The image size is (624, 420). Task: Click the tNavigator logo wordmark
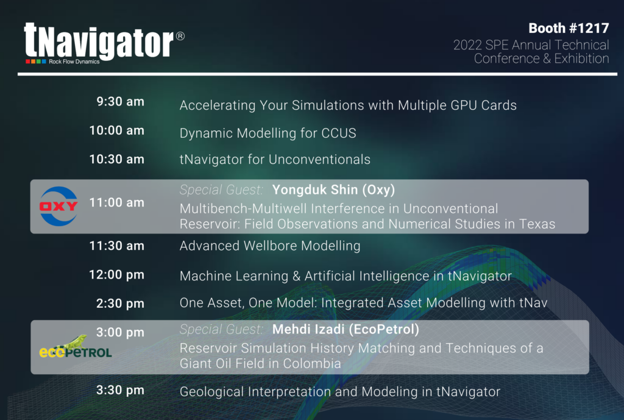[x=99, y=41]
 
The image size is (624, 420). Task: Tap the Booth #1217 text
[x=569, y=28]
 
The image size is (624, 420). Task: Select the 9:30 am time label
[x=120, y=102]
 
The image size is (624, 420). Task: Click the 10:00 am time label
[x=116, y=130]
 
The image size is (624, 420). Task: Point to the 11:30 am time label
[x=116, y=246]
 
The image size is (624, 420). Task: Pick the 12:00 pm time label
[x=116, y=275]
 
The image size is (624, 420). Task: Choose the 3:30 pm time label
[x=120, y=390]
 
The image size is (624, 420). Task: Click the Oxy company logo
[x=58, y=206]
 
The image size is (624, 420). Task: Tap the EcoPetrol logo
[x=75, y=347]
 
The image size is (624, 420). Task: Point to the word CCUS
[x=339, y=133]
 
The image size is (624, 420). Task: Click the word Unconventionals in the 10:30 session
[x=319, y=159]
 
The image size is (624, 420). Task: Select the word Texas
[x=537, y=224]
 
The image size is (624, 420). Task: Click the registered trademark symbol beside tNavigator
[x=180, y=36]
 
